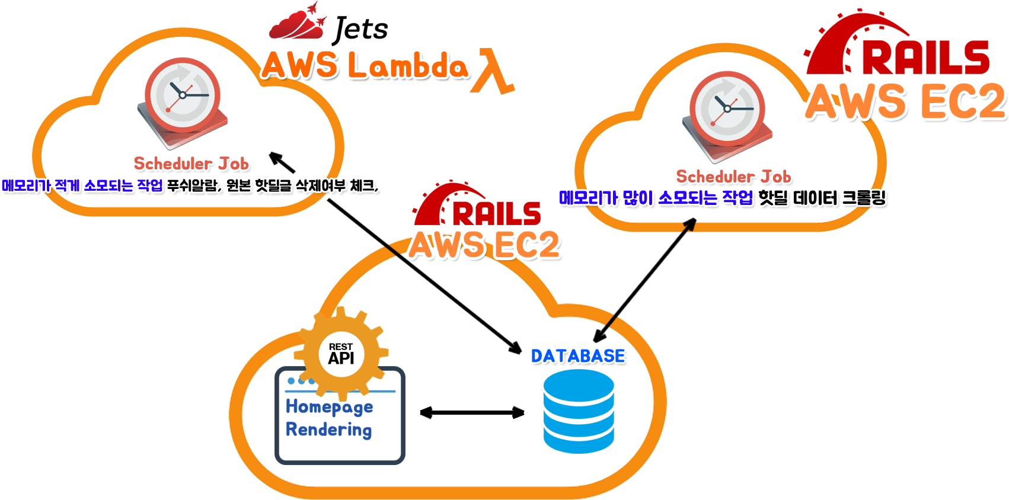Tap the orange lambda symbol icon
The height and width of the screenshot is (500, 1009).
(492, 72)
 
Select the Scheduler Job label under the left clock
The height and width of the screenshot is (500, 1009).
(191, 164)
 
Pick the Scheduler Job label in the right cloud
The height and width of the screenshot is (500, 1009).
(734, 177)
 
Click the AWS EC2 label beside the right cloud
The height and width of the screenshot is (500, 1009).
(905, 101)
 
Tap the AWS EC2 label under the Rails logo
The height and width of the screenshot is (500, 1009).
(484, 244)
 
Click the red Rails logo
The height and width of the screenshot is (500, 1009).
(474, 204)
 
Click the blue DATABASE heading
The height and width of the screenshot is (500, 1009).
(578, 356)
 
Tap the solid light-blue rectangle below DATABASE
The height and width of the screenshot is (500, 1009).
(579, 412)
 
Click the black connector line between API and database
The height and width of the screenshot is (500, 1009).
(472, 412)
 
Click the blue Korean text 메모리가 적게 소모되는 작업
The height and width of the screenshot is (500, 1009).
(82, 185)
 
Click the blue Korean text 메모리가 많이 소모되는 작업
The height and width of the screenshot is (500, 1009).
(656, 197)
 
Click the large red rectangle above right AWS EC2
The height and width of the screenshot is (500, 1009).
(896, 41)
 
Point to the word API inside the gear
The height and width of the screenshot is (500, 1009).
(341, 358)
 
